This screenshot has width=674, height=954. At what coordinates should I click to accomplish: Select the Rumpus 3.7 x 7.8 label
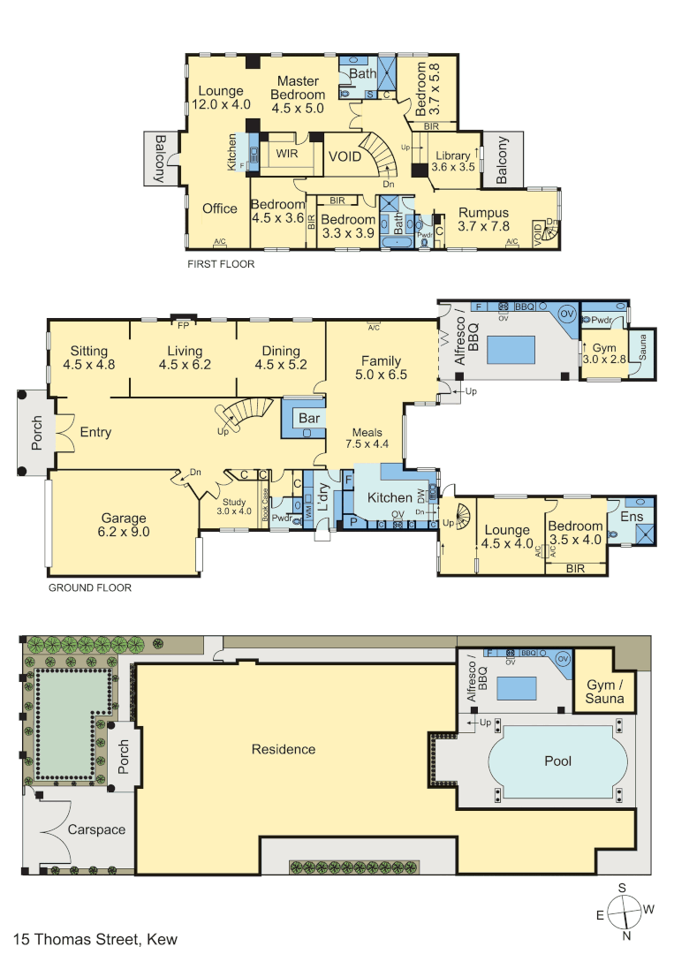click(483, 219)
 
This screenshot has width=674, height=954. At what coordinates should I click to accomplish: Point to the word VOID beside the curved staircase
click(345, 156)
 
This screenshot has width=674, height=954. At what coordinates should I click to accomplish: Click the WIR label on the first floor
click(286, 154)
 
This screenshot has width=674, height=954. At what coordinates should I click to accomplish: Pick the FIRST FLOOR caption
click(221, 264)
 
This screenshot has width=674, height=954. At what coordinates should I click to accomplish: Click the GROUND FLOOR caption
click(90, 587)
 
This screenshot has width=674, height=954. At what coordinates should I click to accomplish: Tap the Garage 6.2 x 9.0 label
click(124, 525)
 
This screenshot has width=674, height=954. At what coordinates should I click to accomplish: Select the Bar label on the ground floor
click(309, 418)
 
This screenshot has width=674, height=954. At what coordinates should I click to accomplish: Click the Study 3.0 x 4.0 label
click(234, 506)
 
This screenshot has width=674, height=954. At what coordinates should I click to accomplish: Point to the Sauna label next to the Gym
click(642, 347)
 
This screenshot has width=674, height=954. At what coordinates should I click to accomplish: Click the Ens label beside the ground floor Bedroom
click(632, 517)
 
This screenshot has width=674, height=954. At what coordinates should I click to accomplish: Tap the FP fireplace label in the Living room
click(183, 325)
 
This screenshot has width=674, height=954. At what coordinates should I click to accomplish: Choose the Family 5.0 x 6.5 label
click(382, 367)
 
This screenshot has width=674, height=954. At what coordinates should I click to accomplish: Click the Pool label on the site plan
click(557, 761)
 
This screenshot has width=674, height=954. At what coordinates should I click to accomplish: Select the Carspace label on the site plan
click(96, 829)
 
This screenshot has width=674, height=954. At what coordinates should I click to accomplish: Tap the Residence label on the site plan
click(284, 749)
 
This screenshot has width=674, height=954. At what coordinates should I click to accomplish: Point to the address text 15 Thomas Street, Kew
click(95, 939)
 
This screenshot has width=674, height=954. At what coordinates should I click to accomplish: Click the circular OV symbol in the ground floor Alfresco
click(567, 314)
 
